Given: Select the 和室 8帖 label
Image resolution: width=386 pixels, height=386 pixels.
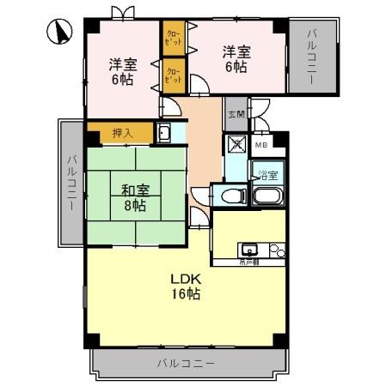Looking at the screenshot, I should pyautogui.click(x=134, y=196).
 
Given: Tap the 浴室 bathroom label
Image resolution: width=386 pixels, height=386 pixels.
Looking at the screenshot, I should pyautogui.click(x=267, y=176).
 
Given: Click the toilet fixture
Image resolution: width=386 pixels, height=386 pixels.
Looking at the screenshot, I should pyautogui.click(x=230, y=196).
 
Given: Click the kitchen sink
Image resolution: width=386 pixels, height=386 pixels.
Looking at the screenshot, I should pyautogui.click(x=250, y=251).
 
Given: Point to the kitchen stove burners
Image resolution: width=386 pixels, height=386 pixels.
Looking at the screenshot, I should pyautogui.click(x=276, y=251).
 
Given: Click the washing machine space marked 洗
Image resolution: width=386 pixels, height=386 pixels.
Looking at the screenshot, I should pyautogui.click(x=236, y=145).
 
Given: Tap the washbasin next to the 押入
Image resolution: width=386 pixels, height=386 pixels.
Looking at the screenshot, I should pyautogui.click(x=163, y=133).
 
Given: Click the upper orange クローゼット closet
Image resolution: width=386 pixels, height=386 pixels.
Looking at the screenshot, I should pyautogui.click(x=173, y=39).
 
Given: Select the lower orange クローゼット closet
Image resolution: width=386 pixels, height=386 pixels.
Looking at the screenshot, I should pyautogui.click(x=173, y=75).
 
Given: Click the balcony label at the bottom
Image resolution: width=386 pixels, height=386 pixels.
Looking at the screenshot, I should pyautogui.click(x=185, y=364).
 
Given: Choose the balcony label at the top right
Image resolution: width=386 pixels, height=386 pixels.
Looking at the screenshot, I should pyautogui.click(x=310, y=54).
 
